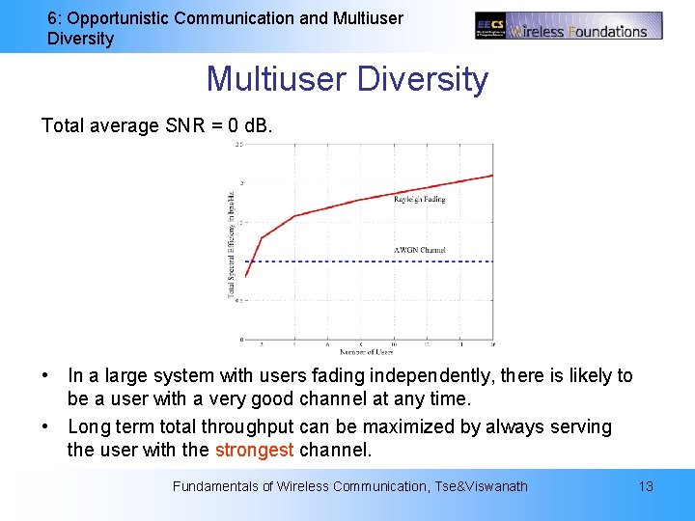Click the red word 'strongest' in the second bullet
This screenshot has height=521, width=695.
(x=254, y=450)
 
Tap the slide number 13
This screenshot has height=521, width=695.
(x=646, y=486)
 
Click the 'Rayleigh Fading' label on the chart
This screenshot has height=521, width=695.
(x=420, y=200)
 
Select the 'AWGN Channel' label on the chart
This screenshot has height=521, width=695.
(x=420, y=250)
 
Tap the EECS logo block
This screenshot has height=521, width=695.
(x=490, y=27)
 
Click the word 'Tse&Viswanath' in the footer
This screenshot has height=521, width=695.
(x=482, y=486)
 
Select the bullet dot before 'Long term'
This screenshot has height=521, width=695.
(x=46, y=426)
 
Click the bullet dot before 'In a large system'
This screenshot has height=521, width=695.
(x=46, y=375)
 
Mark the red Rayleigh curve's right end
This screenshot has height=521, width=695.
(x=492, y=176)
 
